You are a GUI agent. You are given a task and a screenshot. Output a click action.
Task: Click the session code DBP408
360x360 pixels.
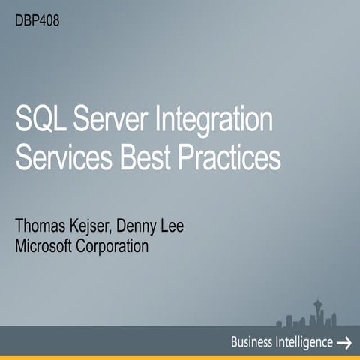pyautogui.click(x=37, y=21)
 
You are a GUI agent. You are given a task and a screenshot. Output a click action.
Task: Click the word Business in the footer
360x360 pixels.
pyautogui.click(x=254, y=343)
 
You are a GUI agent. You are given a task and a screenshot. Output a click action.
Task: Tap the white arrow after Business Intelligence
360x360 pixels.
pyautogui.click(x=344, y=343)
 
